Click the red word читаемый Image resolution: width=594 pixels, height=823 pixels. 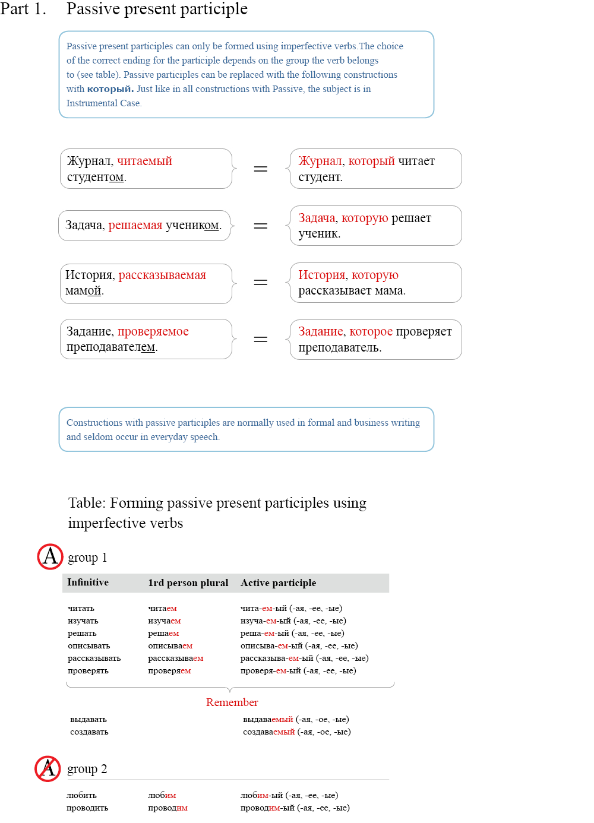click(144, 161)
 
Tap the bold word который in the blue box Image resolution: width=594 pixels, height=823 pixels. click(110, 89)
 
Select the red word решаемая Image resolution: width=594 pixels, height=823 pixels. click(135, 225)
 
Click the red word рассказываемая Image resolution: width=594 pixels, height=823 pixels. click(162, 275)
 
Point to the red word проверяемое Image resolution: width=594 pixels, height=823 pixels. click(153, 331)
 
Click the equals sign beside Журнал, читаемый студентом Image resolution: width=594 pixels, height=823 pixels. click(260, 169)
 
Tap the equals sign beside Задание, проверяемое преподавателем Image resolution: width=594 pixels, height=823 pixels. click(260, 339)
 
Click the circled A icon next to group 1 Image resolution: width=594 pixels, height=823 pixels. click(50, 556)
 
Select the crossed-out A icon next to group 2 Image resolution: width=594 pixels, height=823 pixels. click(48, 768)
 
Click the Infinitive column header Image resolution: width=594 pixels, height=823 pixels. click(88, 583)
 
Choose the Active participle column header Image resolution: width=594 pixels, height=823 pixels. click(278, 583)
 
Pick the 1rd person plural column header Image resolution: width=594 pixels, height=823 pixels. click(188, 583)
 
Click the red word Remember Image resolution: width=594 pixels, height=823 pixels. click(232, 702)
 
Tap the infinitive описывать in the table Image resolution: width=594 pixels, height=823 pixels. click(89, 645)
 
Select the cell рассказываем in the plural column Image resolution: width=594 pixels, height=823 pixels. click(175, 658)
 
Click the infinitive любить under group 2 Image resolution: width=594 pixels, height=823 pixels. click(81, 795)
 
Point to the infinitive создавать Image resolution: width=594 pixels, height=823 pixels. click(89, 732)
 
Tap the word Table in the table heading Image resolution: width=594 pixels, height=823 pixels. click(86, 503)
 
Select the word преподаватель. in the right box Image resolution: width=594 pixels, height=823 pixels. click(340, 347)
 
